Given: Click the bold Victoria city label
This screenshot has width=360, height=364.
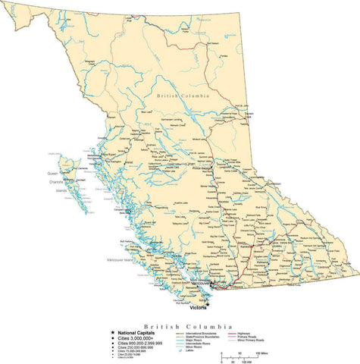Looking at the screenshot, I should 198,308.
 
